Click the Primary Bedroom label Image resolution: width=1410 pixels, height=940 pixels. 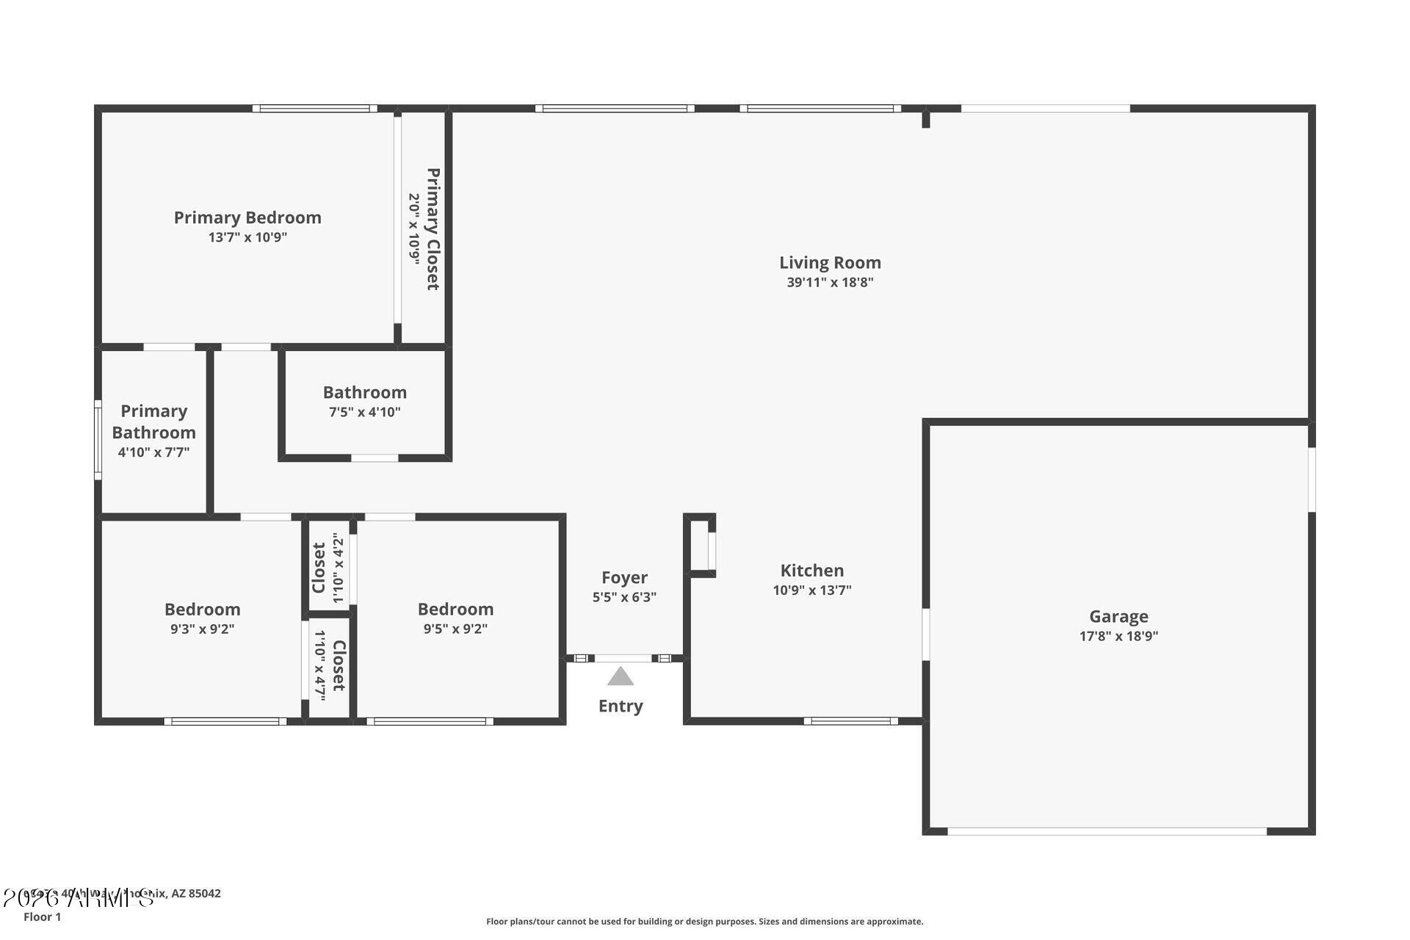point(247,217)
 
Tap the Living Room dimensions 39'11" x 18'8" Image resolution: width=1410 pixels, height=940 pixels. point(830,282)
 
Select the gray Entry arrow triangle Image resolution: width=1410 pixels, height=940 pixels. point(621,676)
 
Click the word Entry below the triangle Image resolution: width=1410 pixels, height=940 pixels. point(621,706)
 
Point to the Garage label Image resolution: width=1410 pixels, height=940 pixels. point(1118,616)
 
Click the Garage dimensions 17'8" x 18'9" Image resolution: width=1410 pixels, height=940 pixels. point(1118,636)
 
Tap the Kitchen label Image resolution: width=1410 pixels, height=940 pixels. point(811,570)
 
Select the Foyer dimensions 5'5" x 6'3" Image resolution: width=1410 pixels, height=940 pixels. point(624,597)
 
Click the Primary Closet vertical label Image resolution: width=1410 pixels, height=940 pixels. point(433,229)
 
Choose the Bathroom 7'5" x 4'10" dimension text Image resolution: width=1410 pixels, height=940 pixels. point(365,412)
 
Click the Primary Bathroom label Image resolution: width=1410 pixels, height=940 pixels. point(153,422)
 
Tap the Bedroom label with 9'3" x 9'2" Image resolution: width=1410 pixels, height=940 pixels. point(202,609)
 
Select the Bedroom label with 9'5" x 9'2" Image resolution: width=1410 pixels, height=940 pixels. point(455,609)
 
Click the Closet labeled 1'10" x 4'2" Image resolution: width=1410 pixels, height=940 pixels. point(319,568)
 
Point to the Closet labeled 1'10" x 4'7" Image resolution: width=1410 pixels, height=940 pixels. point(339,665)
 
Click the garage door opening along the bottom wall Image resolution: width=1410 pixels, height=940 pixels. point(1107,831)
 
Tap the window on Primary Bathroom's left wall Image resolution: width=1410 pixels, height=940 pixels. point(98,440)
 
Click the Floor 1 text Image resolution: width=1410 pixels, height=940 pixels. point(42,916)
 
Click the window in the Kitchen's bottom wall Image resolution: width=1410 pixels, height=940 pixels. point(850,721)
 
